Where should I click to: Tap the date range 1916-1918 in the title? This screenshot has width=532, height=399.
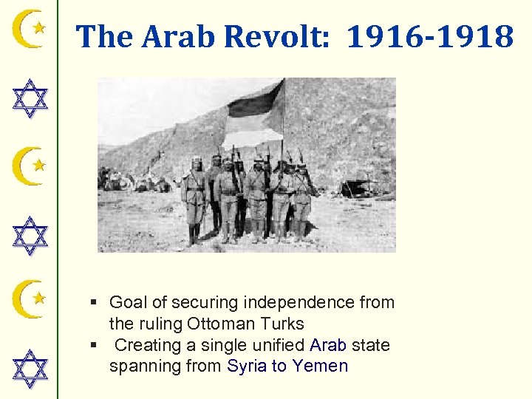click(x=429, y=36)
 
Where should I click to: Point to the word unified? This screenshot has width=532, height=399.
click(x=279, y=345)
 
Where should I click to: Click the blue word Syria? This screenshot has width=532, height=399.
click(x=247, y=366)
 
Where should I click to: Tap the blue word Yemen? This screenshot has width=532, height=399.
click(x=320, y=366)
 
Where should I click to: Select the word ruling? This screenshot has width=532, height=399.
click(x=161, y=324)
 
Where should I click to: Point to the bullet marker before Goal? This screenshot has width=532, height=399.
click(x=94, y=302)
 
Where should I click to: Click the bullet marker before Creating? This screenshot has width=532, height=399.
click(x=94, y=345)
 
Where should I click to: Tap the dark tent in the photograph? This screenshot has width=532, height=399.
click(x=358, y=188)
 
